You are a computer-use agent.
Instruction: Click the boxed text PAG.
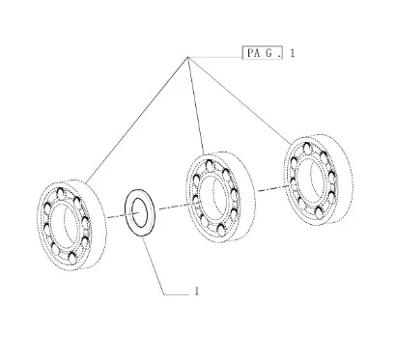pyautogui.click(x=262, y=53)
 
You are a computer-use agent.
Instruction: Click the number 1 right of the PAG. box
pyautogui.click(x=292, y=53)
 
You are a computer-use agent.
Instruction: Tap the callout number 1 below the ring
pyautogui.click(x=197, y=291)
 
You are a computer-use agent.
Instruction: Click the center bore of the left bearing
pyautogui.click(x=66, y=224)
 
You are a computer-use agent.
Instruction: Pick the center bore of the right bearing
pyautogui.click(x=312, y=179)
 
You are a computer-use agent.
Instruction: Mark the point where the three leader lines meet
pyautogui.click(x=188, y=57)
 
